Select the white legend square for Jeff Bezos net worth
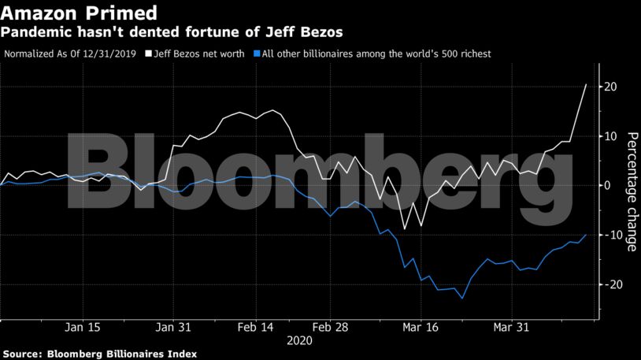tap(147, 54)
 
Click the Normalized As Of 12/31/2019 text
tap(71, 54)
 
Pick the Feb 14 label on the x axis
tap(256, 327)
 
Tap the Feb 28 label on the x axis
tap(330, 327)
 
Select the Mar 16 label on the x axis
tap(421, 327)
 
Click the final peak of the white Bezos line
tap(586, 84)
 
